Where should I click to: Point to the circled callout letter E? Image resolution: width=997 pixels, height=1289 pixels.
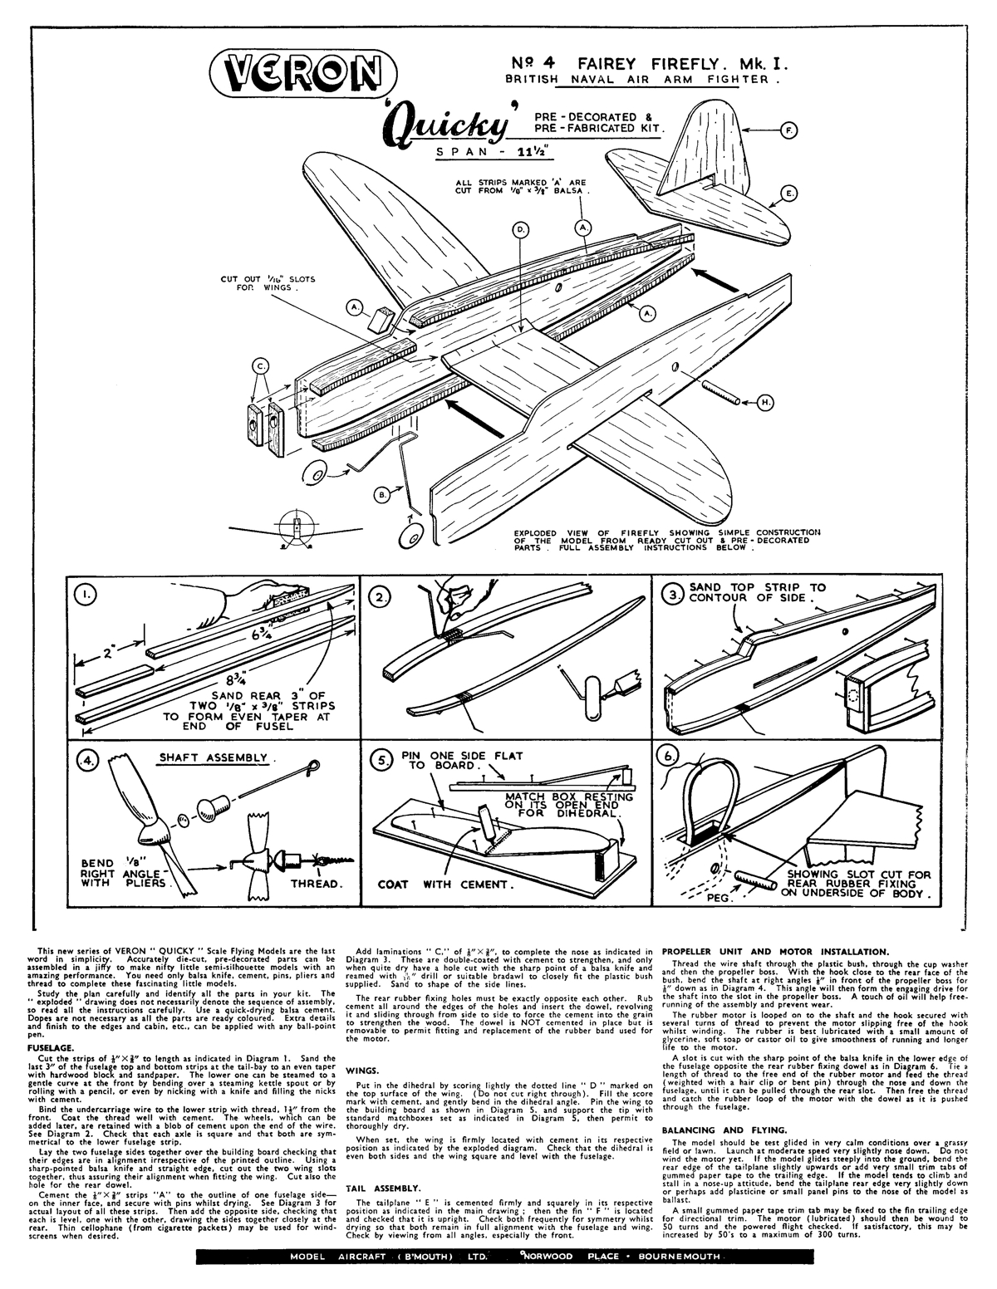pos(789,193)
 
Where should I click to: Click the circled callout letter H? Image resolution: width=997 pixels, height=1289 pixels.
pos(764,403)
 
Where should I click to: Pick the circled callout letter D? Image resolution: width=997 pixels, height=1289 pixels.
pos(521,232)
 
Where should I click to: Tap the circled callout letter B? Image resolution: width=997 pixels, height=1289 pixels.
pos(383,495)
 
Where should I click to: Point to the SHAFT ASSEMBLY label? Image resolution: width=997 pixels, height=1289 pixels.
pos(214,757)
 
